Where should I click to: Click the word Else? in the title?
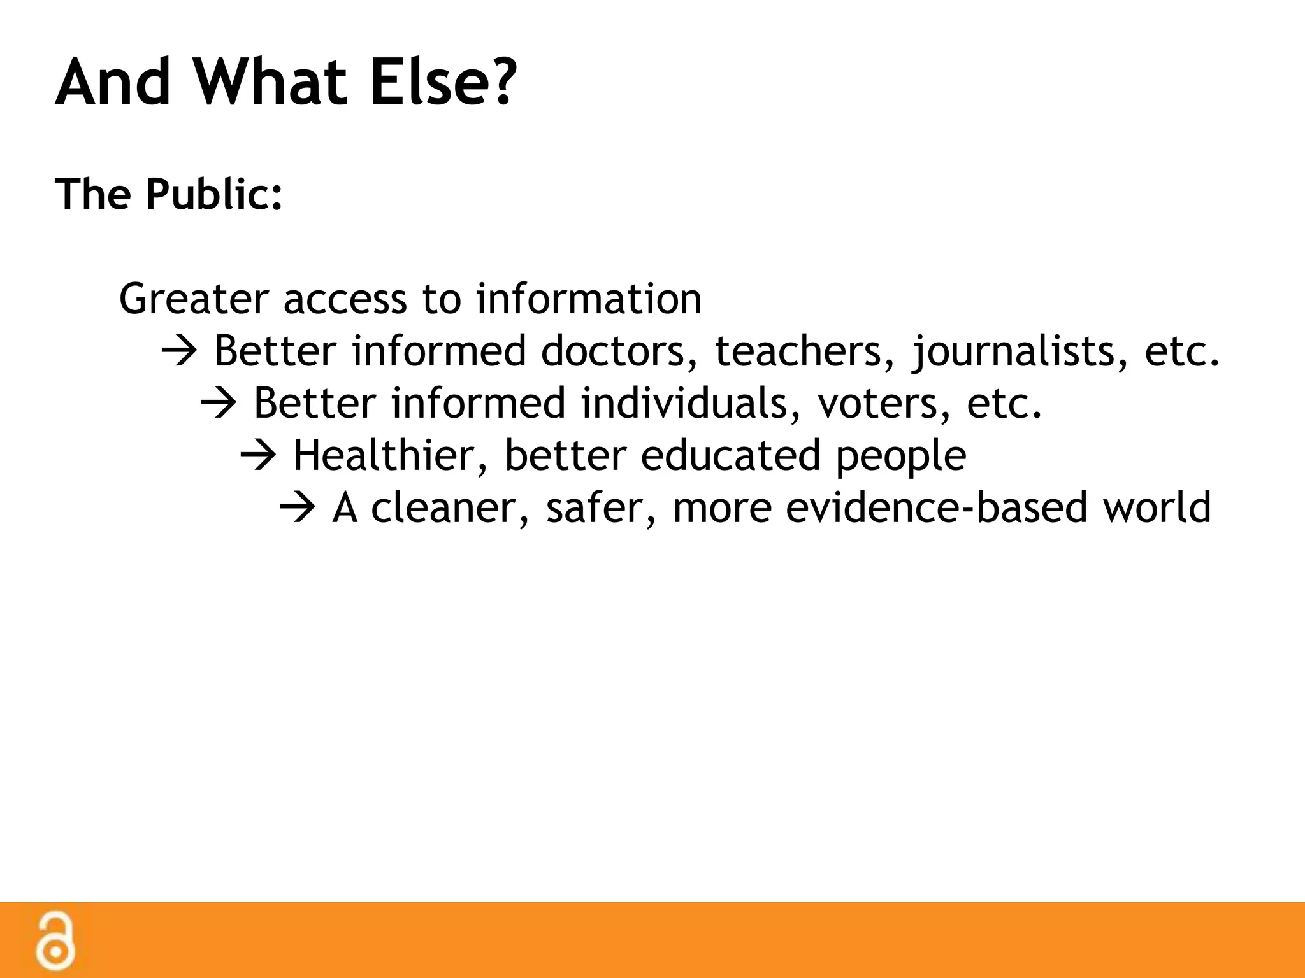442,83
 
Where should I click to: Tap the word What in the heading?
270,83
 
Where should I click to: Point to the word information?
589,299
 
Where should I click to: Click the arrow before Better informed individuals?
219,404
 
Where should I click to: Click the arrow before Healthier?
258,456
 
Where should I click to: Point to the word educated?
730,456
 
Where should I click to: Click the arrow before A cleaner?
298,508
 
